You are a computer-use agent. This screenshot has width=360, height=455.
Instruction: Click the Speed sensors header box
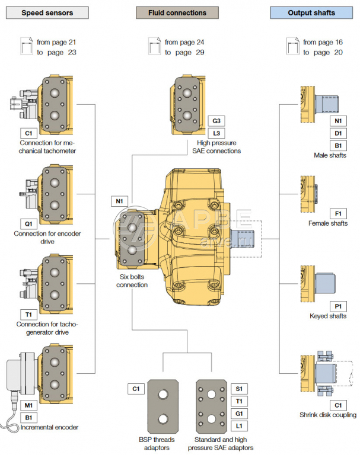pos(47,12)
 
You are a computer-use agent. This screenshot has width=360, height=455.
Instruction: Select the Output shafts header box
pos(311,12)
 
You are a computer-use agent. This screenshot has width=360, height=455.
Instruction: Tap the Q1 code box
pos(28,225)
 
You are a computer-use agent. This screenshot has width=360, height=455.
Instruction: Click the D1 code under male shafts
pos(337,133)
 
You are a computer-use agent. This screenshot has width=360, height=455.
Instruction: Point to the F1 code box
pos(337,213)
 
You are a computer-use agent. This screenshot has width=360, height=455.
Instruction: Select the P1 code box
pos(337,306)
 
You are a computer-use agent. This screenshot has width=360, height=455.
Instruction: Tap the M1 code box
pos(28,405)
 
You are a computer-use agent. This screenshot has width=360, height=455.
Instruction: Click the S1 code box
pos(238,389)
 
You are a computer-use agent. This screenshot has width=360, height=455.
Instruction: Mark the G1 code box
pos(238,414)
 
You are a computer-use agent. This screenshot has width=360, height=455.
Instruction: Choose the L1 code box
pos(238,426)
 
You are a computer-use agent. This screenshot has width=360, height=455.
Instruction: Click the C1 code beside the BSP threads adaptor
pos(136,389)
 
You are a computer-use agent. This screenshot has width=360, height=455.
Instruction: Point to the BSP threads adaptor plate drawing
pos(164,409)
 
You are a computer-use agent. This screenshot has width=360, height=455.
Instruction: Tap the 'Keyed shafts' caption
pos(328,316)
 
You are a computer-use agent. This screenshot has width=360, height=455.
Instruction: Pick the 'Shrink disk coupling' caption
pos(328,415)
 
